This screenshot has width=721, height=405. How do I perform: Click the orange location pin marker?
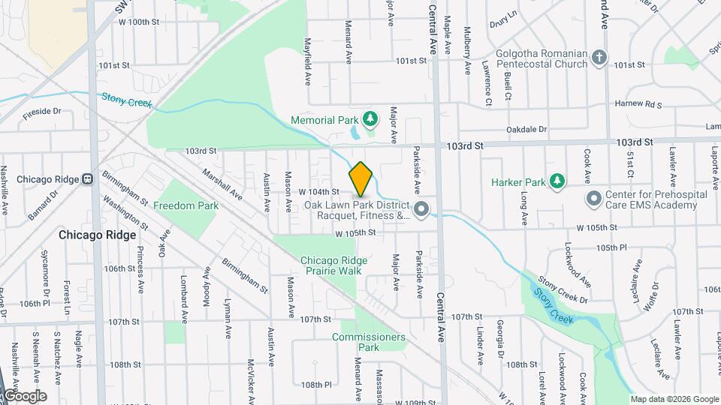coord(360,179)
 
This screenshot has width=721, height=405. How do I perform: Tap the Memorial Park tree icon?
coord(370,118)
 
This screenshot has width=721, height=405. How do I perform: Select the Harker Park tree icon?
coord(557,181)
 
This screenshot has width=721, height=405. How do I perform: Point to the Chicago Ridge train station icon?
coord(88,179)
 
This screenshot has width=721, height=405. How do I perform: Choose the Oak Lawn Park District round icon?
coord(421,209)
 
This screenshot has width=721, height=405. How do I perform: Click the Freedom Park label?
coord(186,205)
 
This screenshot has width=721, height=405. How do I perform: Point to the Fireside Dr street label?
coord(42,112)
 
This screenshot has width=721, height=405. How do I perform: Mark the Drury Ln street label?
coord(503,14)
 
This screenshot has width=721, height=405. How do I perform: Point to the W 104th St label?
coord(319,193)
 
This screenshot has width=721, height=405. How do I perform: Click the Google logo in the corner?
coord(25,396)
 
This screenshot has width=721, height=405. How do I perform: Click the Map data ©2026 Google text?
coord(674,399)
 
